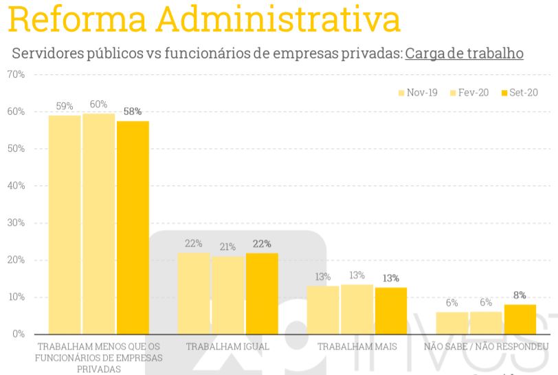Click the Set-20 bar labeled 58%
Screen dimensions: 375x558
tap(133, 227)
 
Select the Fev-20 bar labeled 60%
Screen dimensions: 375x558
tap(99, 223)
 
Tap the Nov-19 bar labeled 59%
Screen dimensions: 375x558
tap(65, 225)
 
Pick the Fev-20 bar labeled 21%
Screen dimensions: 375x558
tap(227, 295)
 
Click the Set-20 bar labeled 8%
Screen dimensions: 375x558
tap(520, 319)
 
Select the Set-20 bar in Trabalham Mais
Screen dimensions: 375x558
tap(390, 310)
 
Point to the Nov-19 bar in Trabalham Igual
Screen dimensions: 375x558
tap(194, 293)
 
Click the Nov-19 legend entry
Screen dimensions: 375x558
tap(417, 93)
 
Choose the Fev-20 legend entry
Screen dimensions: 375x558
tap(469, 93)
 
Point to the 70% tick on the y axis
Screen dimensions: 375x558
tap(16, 74)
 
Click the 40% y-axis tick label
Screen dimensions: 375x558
tap(16, 185)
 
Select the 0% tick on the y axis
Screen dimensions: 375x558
tap(19, 334)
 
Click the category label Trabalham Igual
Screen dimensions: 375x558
tap(227, 346)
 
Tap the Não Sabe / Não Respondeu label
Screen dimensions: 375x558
tap(486, 346)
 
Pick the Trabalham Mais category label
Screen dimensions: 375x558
tap(357, 346)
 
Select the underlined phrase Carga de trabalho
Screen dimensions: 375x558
tap(464, 54)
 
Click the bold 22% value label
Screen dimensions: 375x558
tap(262, 244)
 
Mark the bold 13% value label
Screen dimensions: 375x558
tap(390, 278)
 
